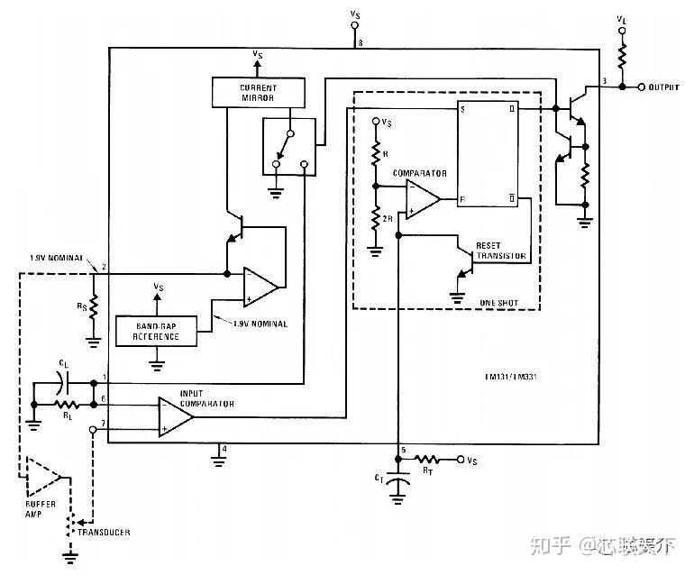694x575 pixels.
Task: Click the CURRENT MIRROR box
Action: [x=258, y=92]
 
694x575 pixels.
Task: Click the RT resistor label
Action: [x=429, y=469]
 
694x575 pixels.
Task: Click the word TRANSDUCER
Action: [x=103, y=533]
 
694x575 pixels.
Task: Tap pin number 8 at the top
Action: [x=361, y=42]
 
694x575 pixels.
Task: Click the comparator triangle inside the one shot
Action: [x=422, y=198]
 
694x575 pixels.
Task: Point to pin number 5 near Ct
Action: [x=404, y=450]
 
